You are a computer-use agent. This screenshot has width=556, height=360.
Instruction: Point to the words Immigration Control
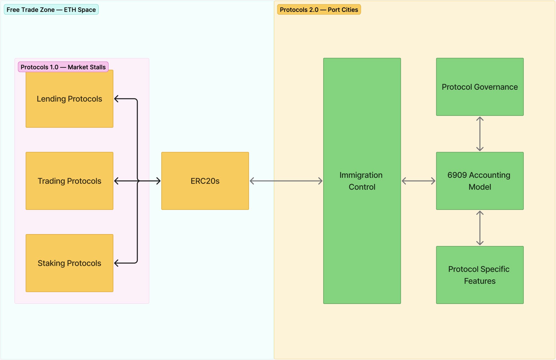[x=362, y=181]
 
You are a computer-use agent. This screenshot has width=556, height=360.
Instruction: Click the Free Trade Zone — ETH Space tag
[x=51, y=10]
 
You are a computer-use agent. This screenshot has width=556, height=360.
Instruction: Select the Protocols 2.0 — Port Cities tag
[x=319, y=10]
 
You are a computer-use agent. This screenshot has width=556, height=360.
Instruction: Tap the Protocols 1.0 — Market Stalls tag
[x=63, y=67]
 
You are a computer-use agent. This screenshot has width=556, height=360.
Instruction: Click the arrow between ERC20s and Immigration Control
[x=286, y=181]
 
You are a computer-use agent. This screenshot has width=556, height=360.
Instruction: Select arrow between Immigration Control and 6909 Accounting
[x=418, y=181]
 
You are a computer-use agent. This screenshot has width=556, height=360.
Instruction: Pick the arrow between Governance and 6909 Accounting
[x=480, y=134]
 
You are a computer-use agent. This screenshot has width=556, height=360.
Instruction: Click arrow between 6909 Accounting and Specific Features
[x=480, y=228]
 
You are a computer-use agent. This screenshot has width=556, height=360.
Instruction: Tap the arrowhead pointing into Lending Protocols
[x=116, y=99]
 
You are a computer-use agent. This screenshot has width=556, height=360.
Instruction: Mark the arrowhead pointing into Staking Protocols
[x=116, y=263]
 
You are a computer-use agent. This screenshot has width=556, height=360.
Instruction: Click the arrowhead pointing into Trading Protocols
[x=116, y=181]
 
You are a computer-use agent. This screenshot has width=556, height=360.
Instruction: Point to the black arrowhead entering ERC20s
[x=158, y=181]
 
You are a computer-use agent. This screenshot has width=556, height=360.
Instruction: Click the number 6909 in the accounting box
[x=457, y=175]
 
